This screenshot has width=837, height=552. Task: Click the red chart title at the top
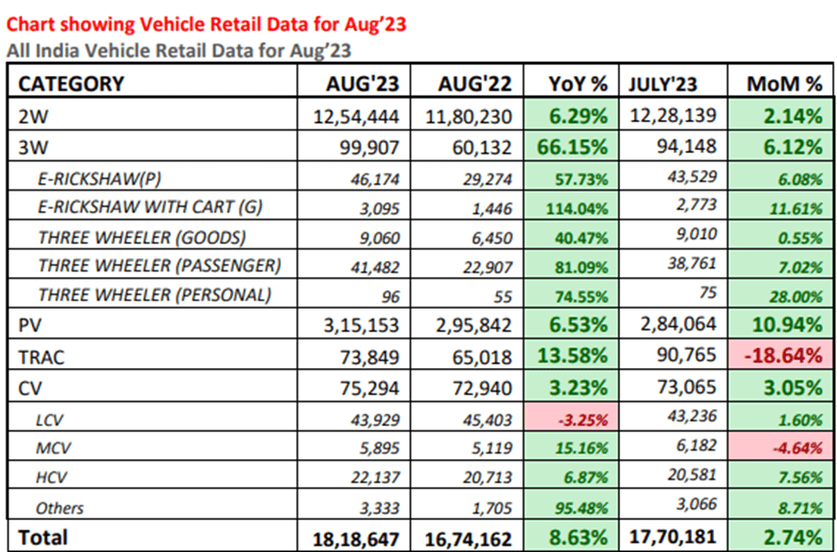(x=206, y=24)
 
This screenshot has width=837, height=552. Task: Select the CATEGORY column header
(x=71, y=84)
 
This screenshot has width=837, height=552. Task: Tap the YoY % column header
(x=580, y=84)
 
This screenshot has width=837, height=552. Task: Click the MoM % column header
(x=784, y=84)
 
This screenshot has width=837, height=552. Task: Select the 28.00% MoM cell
(x=791, y=296)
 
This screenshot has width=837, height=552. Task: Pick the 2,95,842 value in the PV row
(x=464, y=326)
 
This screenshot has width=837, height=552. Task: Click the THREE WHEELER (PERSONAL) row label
(x=154, y=296)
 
